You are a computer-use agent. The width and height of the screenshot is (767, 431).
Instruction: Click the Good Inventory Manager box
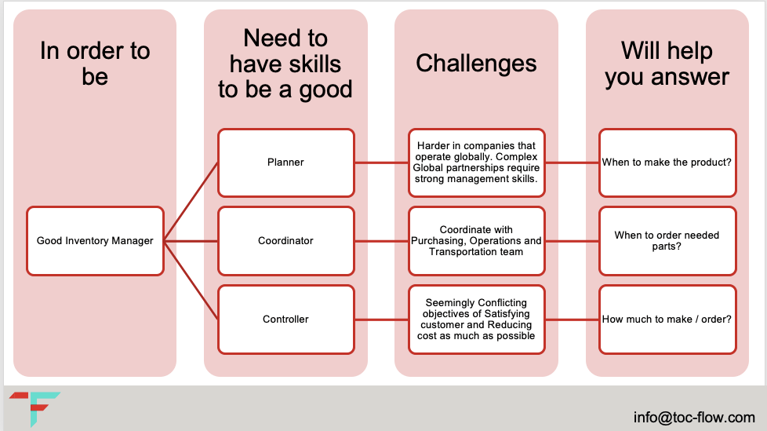coord(95,241)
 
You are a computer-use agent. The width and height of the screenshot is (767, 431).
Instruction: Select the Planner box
coord(285,163)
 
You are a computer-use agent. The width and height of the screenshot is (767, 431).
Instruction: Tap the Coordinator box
coord(285,241)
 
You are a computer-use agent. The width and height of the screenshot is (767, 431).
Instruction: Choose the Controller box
coord(285,320)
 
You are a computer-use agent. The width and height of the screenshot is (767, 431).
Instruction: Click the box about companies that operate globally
coord(477,163)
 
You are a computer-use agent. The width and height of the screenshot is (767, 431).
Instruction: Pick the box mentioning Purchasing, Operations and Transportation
coord(477,241)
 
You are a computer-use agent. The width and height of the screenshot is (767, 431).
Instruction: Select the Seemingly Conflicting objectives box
coord(477,320)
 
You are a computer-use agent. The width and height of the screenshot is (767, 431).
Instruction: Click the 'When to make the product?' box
coord(667,163)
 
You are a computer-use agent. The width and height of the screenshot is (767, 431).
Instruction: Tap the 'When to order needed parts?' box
coord(667,241)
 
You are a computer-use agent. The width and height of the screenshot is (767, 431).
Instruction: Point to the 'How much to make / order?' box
coord(667,320)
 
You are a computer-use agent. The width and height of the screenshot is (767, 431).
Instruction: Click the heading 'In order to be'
coord(95,64)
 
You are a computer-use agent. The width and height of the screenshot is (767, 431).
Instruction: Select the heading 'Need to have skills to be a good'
coord(285,64)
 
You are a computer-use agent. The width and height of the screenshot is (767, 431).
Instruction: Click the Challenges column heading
coord(477,64)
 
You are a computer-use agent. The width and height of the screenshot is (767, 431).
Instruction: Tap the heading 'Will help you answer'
coord(667,64)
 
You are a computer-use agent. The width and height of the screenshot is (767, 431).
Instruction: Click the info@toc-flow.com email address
coord(694,418)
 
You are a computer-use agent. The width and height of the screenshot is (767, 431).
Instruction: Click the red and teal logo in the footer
coord(35,408)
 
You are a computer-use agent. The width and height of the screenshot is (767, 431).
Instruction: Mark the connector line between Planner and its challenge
coord(380,163)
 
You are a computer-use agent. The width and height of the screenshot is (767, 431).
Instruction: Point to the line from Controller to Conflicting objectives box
coord(380,320)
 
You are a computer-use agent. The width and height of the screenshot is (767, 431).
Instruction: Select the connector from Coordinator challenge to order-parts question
coord(572,241)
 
